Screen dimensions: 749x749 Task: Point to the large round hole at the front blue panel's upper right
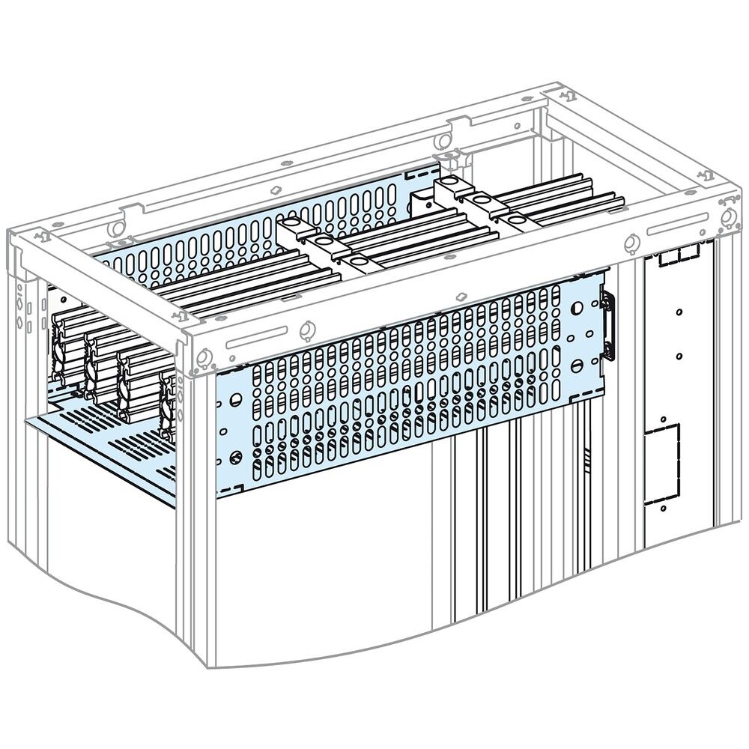click(578, 308)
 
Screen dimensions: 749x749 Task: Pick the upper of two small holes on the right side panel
click(678, 312)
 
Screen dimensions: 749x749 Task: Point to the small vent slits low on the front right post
click(589, 453)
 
